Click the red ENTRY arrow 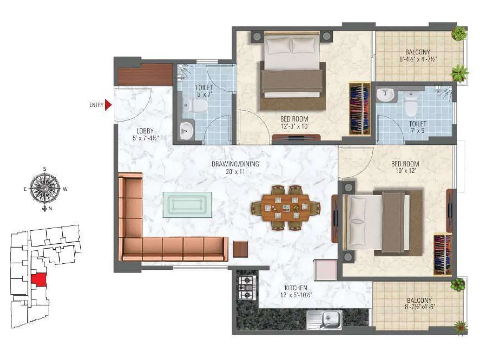[x=108, y=105]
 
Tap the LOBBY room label [x=145, y=131]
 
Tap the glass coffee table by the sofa [x=187, y=205]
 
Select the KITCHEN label [x=296, y=288]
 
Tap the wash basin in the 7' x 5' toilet [x=385, y=95]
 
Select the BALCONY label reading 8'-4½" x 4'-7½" [x=418, y=52]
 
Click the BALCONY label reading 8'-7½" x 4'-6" [x=419, y=300]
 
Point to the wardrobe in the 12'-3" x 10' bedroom [x=359, y=108]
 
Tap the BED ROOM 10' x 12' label [x=405, y=164]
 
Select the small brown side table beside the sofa [x=240, y=249]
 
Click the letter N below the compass [x=50, y=209]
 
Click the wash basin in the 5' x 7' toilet [x=186, y=131]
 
